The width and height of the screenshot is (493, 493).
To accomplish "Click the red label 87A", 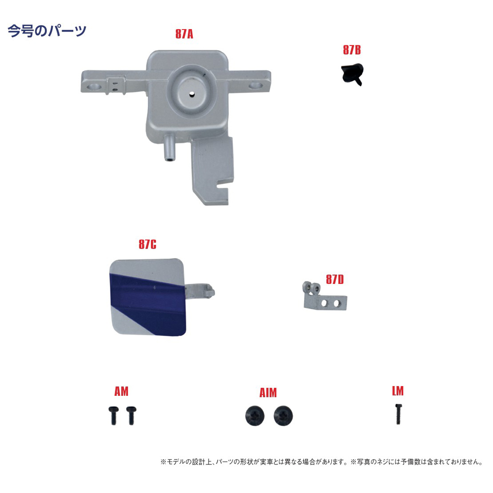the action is click(184, 34).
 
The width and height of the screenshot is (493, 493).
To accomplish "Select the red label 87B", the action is click(352, 50).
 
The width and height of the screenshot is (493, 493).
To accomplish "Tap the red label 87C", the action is click(147, 245).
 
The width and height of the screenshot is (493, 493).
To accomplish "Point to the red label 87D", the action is click(335, 279).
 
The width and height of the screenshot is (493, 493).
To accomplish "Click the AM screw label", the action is click(121, 391).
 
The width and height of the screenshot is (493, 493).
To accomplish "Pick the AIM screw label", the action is click(268, 393).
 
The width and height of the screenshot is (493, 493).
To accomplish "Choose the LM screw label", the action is click(398, 391).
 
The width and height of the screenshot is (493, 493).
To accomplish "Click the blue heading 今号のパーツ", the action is click(47, 31).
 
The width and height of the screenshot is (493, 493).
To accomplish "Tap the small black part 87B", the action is click(353, 74).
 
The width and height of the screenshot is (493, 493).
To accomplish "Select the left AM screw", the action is click(113, 415).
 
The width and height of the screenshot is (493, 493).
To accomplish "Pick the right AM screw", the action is click(131, 415).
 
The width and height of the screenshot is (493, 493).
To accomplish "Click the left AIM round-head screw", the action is click(255, 416).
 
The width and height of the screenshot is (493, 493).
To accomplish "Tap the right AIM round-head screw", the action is click(283, 416).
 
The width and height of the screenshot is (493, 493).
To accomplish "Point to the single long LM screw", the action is click(398, 414).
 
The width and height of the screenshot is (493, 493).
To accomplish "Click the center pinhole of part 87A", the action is click(192, 94).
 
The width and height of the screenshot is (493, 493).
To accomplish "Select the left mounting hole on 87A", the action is click(94, 86).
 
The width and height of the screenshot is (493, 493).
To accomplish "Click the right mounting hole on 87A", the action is click(255, 85).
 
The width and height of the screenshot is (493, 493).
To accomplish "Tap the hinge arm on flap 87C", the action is click(200, 291).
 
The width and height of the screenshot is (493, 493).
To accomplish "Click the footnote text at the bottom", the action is click(321, 462).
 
